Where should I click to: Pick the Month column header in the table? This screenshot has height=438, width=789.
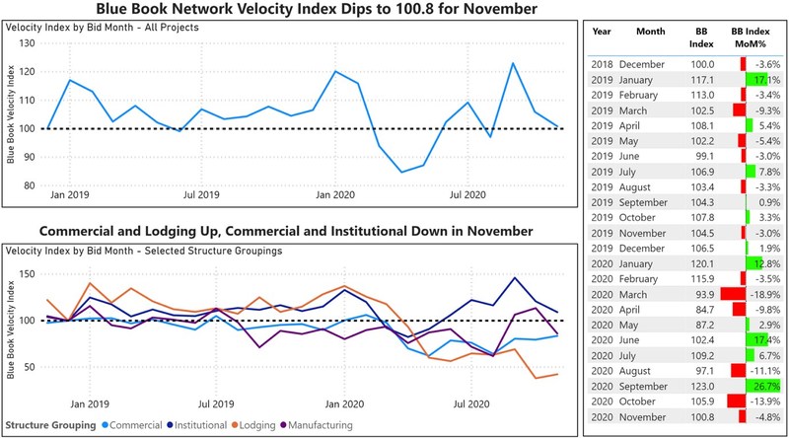650,32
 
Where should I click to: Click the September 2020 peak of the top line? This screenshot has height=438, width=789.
513,63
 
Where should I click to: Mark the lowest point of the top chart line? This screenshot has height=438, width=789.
400,172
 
